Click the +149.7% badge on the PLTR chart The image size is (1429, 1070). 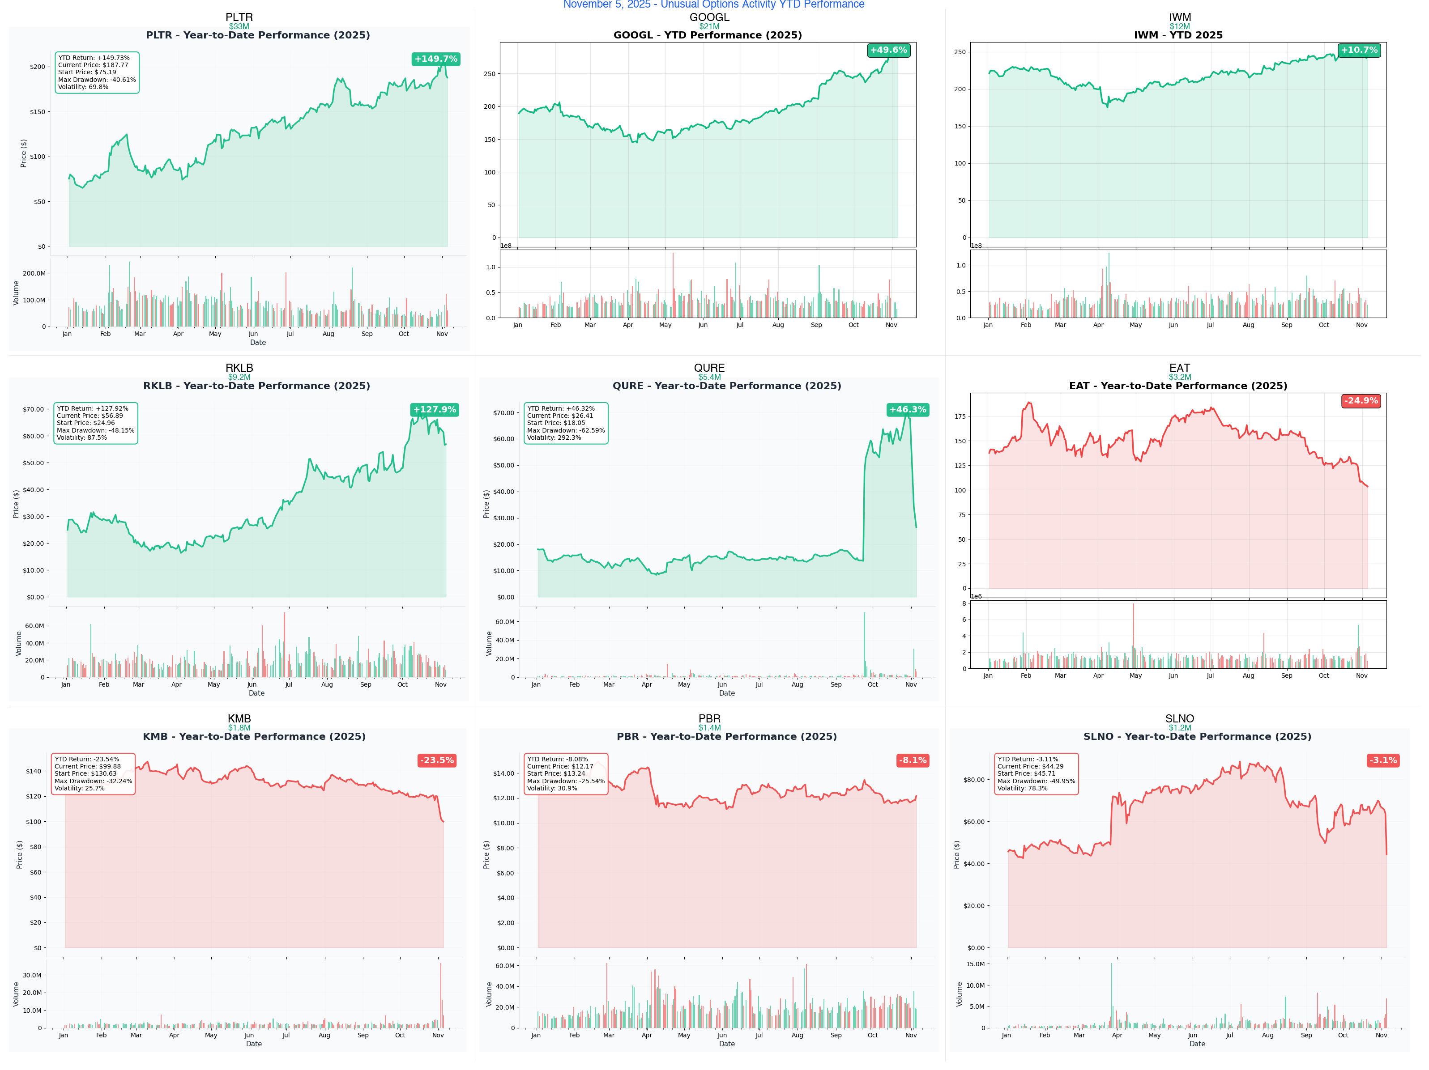[x=435, y=59]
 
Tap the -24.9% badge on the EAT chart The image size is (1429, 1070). [x=1361, y=400]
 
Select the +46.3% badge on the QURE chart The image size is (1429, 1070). [x=907, y=409]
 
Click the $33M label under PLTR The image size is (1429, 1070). [x=239, y=26]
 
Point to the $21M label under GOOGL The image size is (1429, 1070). [x=709, y=26]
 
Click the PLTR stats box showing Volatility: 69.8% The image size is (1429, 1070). [x=97, y=72]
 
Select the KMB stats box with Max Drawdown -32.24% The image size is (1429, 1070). [x=93, y=773]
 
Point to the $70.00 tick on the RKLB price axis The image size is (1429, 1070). [x=33, y=409]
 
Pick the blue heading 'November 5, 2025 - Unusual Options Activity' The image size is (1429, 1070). [x=713, y=4]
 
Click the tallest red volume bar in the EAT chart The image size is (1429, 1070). [x=1133, y=636]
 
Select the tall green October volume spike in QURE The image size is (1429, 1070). [x=864, y=646]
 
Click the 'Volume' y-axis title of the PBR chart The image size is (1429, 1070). [x=489, y=994]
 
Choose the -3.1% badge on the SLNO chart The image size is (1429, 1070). [x=1382, y=760]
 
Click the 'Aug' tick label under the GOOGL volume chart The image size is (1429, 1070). [x=778, y=325]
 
